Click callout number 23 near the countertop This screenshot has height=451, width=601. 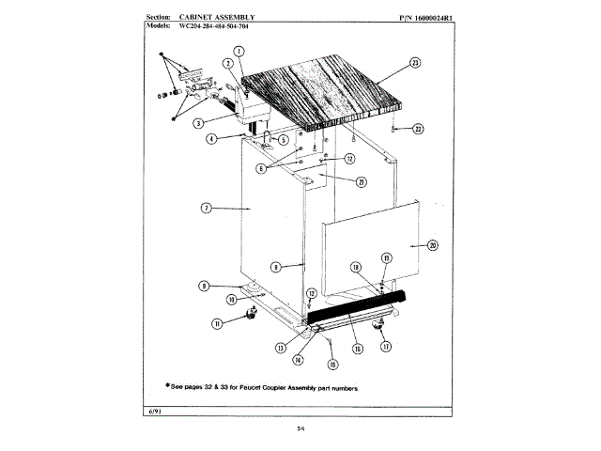(x=414, y=64)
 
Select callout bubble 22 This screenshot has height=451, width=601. (x=419, y=128)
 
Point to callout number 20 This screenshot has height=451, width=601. (x=433, y=245)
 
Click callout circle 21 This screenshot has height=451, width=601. (x=362, y=182)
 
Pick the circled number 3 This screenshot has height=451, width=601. (x=199, y=122)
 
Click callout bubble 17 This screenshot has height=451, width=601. (x=385, y=346)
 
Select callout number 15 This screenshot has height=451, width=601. (x=331, y=364)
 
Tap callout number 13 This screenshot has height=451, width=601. (x=281, y=348)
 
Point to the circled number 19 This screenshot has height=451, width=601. (x=356, y=269)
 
